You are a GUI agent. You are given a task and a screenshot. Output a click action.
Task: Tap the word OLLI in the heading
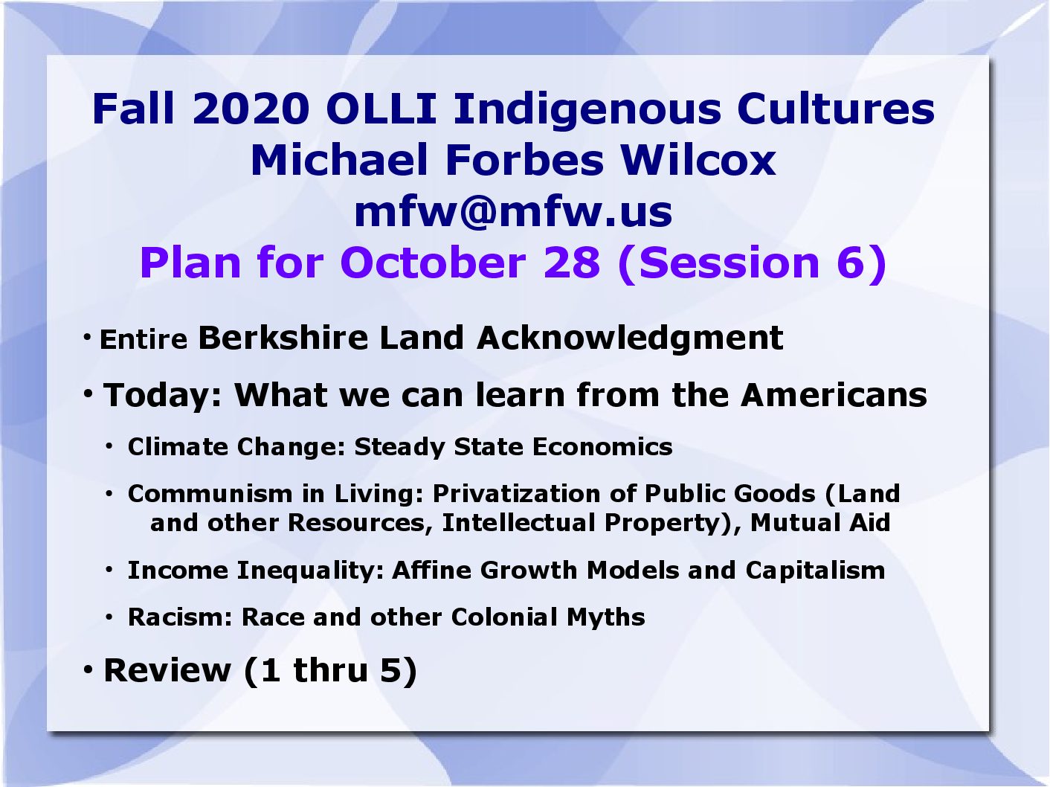point(381,109)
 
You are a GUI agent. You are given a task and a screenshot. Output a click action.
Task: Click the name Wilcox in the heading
point(698,160)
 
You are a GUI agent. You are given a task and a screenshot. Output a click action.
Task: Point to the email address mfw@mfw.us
point(513,212)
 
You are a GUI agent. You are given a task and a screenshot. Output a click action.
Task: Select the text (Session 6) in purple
point(753,264)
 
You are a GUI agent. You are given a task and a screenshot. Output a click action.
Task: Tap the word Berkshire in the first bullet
point(283,338)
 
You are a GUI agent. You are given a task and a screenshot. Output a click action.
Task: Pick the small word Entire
point(144,340)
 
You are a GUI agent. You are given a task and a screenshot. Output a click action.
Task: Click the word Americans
point(834,396)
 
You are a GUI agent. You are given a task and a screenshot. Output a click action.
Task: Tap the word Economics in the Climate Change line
point(602,447)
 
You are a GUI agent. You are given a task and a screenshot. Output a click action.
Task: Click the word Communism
point(210,494)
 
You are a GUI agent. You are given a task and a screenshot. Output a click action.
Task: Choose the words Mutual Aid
point(820,523)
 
